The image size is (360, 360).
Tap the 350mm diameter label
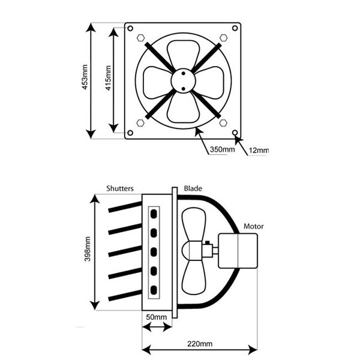tap(222, 149)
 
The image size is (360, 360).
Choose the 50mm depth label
tap(155, 317)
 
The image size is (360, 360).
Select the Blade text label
tap(193, 188)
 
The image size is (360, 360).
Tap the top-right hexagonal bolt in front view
tap(223, 37)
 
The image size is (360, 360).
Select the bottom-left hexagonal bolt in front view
tap(140, 122)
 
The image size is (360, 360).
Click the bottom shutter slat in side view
tap(125, 296)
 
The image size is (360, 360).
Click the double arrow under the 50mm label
tap(155, 328)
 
